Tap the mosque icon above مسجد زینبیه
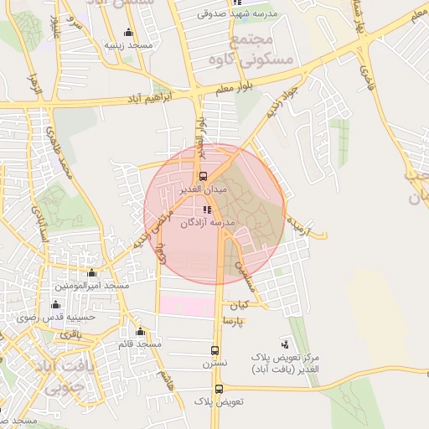[x=128, y=34]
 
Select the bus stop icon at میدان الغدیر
[x=202, y=177]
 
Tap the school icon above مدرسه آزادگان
[x=207, y=209]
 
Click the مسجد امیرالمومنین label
[x=93, y=286]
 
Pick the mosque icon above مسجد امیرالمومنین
[x=91, y=273]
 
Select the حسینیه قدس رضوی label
[x=57, y=317]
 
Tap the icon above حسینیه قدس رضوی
[x=56, y=304]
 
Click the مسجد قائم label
[x=139, y=344]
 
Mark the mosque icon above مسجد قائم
[x=139, y=332]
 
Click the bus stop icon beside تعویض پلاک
[x=219, y=389]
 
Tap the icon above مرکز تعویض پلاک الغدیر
[x=284, y=344]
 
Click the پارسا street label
[x=232, y=321]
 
